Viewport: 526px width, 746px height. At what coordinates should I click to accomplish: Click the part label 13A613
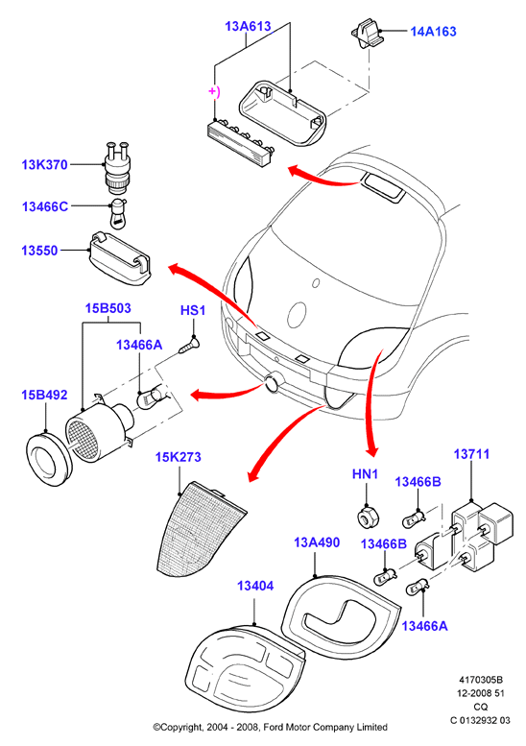248,26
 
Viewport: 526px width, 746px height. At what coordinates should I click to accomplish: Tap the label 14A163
433,32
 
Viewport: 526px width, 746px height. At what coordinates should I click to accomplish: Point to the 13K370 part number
45,165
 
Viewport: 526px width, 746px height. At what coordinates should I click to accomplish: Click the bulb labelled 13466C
117,215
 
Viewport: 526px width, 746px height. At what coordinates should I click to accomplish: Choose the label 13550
39,251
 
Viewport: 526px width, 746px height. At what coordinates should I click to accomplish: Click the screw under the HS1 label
190,344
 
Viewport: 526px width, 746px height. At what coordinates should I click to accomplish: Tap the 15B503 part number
108,308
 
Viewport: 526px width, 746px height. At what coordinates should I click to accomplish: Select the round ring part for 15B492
49,460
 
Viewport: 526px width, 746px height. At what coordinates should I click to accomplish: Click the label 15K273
179,457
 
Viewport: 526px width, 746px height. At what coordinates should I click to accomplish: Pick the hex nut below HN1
367,517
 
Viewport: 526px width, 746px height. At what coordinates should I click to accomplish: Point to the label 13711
471,454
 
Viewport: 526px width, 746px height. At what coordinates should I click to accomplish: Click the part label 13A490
317,542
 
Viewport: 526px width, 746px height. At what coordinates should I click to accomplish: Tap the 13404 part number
255,586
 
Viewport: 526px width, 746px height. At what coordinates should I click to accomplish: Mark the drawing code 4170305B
480,680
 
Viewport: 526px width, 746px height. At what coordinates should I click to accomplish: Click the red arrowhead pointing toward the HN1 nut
372,450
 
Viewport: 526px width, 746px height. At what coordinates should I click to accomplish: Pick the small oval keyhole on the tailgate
316,283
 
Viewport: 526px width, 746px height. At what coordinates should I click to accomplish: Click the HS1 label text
193,311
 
